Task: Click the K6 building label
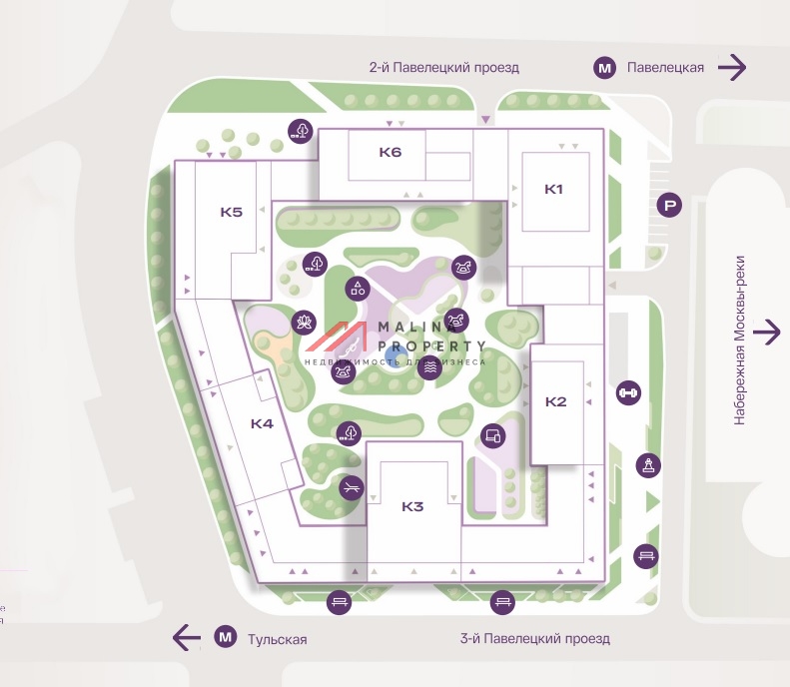390,153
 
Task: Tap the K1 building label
554,189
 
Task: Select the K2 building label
556,401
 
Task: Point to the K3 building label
412,506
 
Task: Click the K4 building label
262,423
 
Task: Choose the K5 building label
232,212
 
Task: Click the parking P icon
670,207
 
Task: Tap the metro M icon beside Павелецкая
604,68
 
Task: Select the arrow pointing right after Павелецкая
733,68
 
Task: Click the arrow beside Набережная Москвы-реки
767,332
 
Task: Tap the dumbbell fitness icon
628,392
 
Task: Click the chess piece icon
648,464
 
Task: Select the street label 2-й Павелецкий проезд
443,68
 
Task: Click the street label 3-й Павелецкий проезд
534,638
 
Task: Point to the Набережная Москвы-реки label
740,340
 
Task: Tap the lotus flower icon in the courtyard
301,323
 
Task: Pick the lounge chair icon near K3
351,487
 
